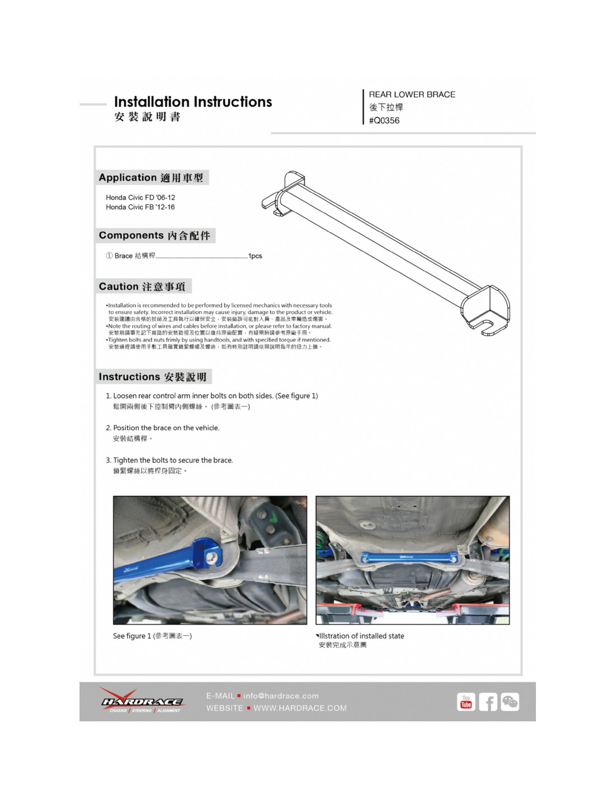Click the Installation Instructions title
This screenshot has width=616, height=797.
(193, 102)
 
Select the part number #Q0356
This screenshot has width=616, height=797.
(384, 121)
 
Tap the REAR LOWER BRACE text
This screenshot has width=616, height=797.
(412, 95)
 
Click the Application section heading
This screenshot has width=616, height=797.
(151, 178)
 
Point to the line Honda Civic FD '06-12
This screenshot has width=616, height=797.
(141, 197)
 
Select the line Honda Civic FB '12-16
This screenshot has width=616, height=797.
(141, 207)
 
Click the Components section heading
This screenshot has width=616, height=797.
(155, 235)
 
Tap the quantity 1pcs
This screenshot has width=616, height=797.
(255, 256)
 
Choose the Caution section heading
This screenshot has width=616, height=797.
(142, 286)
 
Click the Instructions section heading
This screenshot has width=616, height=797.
(153, 377)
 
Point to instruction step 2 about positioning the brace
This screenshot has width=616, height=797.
(166, 428)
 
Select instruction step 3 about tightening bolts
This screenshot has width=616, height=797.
(172, 460)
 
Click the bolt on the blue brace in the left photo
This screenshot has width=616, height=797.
(212, 557)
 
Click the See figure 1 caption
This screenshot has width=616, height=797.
(152, 636)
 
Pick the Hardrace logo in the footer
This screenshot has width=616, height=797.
(142, 701)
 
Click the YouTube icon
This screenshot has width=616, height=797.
(466, 702)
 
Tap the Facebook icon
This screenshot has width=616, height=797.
(488, 702)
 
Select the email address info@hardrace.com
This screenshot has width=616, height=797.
(281, 696)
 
